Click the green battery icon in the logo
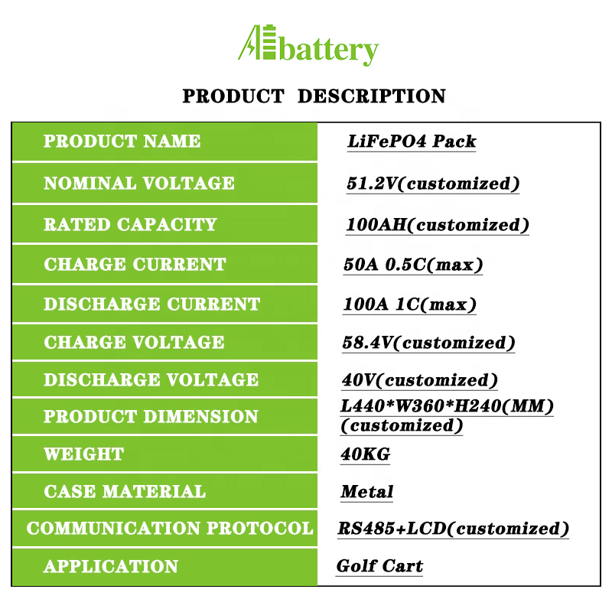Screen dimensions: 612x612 coord(270,42)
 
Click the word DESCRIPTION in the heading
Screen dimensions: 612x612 coord(372,96)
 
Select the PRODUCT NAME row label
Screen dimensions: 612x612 coord(122,141)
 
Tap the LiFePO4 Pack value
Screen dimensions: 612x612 coord(412,142)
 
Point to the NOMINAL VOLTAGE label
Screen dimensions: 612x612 coord(139,183)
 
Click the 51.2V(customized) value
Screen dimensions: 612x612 coord(433,184)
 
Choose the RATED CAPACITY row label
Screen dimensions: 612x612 coord(130,224)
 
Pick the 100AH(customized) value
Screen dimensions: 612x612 coord(438,225)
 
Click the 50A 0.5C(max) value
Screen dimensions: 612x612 coord(413,265)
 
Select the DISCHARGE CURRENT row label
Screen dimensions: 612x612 coord(151,304)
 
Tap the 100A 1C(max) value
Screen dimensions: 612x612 coord(410,304)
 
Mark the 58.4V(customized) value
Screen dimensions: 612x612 coord(428,343)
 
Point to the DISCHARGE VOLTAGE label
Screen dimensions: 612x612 coord(151,379)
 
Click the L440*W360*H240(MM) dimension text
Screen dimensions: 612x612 coord(448,406)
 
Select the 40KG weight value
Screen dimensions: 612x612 coord(366,454)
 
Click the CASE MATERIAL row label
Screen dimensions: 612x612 coord(125,491)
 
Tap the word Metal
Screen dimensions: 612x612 coord(367,492)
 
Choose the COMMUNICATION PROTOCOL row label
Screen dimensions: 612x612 coord(170,528)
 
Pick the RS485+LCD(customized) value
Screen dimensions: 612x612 coord(453,529)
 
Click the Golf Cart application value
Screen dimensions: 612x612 coord(379,565)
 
